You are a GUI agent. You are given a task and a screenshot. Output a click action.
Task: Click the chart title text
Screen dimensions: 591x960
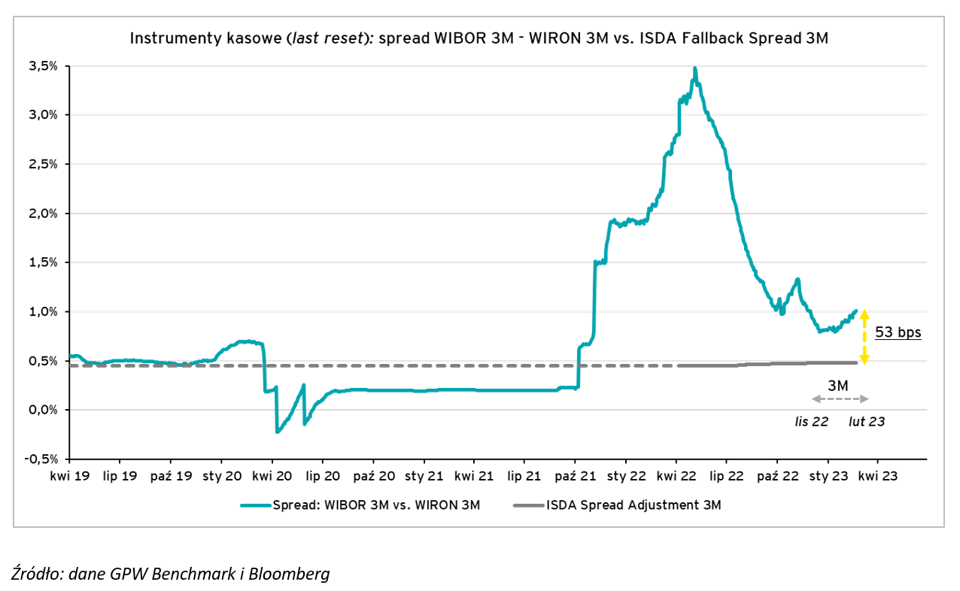479,38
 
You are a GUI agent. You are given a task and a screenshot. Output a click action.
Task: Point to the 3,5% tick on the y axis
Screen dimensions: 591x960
44,66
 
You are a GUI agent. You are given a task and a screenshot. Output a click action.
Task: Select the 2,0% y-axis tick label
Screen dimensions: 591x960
44,214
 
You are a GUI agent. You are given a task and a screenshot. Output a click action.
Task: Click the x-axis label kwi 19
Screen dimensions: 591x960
69,476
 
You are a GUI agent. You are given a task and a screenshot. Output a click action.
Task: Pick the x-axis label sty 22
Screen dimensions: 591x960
626,476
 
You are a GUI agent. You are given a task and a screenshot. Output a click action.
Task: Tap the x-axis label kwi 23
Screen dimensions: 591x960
878,476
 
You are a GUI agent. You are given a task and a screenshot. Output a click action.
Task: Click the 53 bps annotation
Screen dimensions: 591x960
898,332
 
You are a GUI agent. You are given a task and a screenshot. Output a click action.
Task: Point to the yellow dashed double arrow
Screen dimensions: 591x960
864,336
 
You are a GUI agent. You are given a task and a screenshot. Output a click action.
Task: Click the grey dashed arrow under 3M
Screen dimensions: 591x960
840,399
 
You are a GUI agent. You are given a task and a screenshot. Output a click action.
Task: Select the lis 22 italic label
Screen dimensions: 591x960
812,422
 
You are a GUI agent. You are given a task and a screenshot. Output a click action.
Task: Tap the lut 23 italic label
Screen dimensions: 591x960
867,422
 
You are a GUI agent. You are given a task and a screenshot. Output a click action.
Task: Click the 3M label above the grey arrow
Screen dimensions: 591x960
838,386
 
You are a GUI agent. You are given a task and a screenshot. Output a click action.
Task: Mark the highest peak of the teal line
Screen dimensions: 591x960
694,68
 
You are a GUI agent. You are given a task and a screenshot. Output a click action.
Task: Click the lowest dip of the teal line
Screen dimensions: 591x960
277,432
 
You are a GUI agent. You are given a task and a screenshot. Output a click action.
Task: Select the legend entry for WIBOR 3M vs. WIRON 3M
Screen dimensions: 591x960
360,505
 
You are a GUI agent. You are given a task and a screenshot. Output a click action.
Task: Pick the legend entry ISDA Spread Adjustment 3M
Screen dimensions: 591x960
617,505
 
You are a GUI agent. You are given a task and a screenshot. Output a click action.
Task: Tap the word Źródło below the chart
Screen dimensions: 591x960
37,574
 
